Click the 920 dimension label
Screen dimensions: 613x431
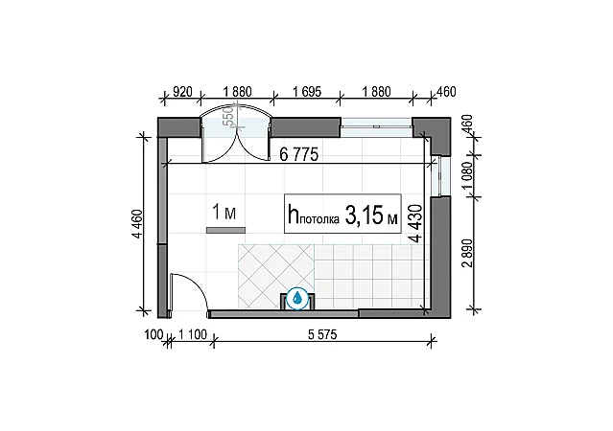point(182,92)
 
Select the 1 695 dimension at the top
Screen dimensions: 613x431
point(307,92)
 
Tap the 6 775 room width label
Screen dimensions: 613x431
point(299,155)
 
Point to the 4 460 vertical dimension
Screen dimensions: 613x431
point(138,224)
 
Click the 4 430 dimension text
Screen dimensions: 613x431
point(416,223)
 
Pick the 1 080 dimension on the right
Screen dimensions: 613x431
point(467,175)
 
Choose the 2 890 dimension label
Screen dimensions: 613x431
point(467,253)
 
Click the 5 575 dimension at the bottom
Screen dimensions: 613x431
point(322,334)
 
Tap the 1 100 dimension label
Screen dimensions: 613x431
point(193,334)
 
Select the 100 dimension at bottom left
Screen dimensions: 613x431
point(153,334)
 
